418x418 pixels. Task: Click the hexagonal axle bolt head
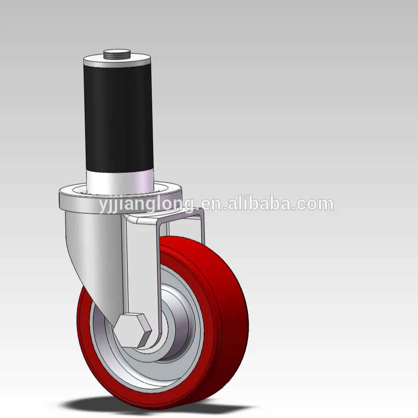point(132,330)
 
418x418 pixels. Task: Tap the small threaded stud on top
point(117,53)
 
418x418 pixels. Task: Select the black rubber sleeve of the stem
point(118,118)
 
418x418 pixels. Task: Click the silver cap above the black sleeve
point(118,61)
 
